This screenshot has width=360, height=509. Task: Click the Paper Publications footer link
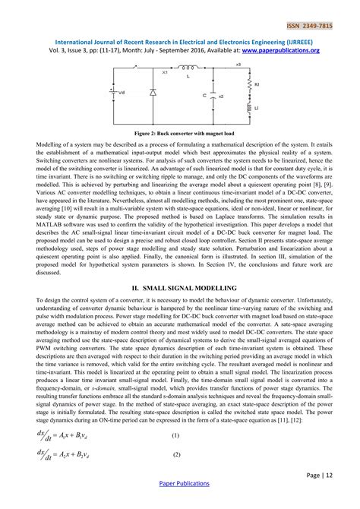click(x=180, y=502)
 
